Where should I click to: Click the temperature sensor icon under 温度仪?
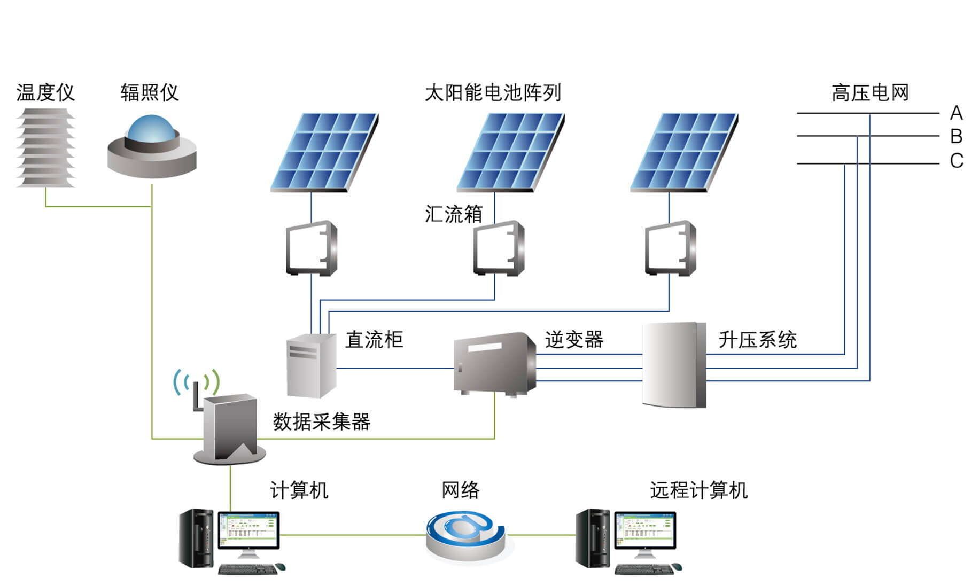pyautogui.click(x=46, y=148)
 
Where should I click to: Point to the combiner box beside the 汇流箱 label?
pyautogui.click(x=499, y=248)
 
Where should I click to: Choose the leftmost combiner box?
pyautogui.click(x=312, y=248)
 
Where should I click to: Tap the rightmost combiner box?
pyautogui.click(x=671, y=248)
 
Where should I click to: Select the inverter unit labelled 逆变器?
pyautogui.click(x=494, y=363)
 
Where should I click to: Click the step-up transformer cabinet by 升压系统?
pyautogui.click(x=674, y=365)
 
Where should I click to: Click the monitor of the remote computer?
pyautogui.click(x=645, y=530)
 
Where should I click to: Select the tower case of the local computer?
pyautogui.click(x=196, y=538)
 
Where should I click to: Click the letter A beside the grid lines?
pyautogui.click(x=956, y=113)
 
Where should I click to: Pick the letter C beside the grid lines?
pyautogui.click(x=956, y=161)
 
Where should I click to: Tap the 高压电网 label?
pyautogui.click(x=870, y=93)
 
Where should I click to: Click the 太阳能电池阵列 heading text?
pyautogui.click(x=493, y=93)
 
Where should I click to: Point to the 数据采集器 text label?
pyautogui.click(x=321, y=422)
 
